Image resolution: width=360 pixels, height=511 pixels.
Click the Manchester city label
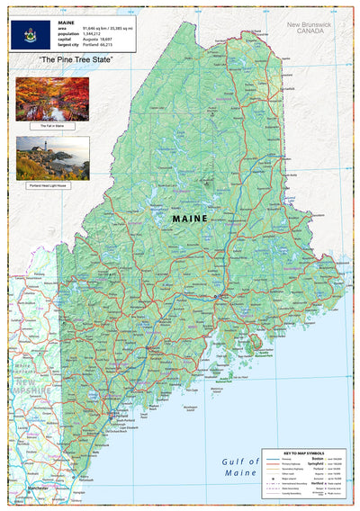(37, 489)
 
